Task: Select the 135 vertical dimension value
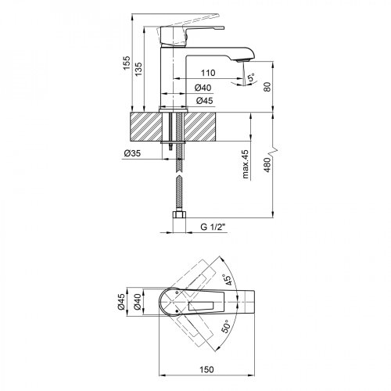(140, 71)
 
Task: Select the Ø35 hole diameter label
(132, 152)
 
